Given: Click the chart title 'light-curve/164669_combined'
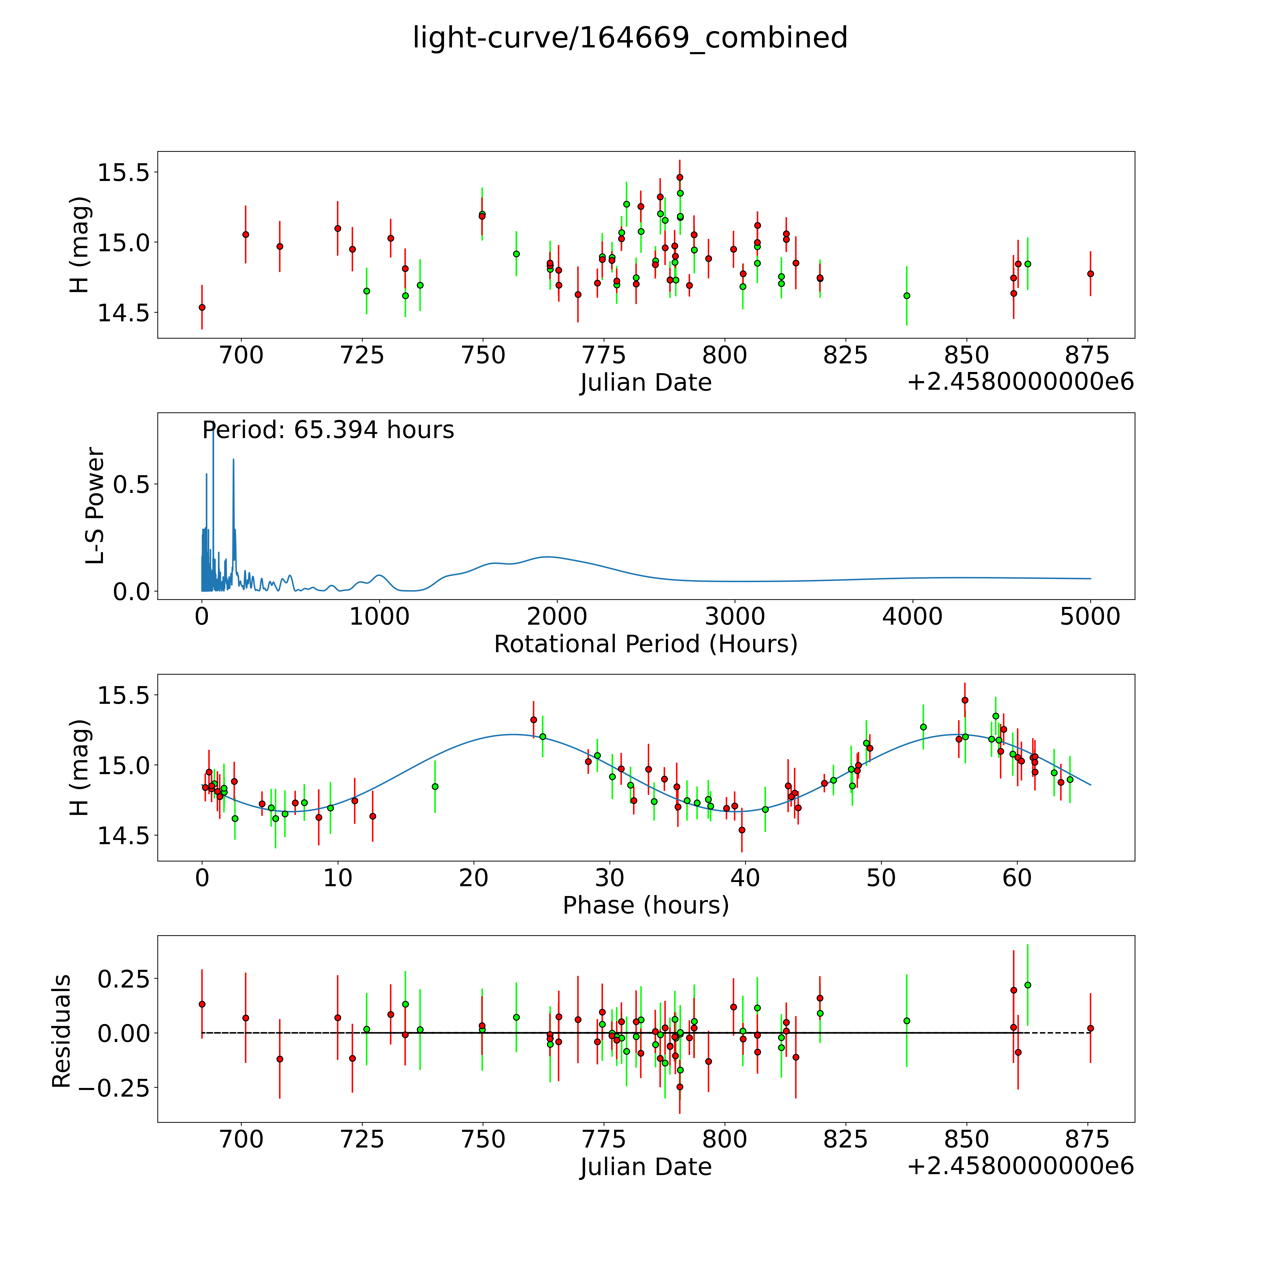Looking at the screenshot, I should point(630,38).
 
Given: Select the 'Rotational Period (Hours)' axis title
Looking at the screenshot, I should point(645,644).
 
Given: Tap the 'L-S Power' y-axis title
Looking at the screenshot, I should point(95,506).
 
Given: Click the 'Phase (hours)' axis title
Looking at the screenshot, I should point(645,905).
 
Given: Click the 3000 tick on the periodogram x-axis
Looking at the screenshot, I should point(735,616).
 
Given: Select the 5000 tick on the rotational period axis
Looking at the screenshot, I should point(1090,616).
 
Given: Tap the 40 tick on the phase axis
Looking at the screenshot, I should point(745,878).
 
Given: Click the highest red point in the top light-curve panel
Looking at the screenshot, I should point(680,177).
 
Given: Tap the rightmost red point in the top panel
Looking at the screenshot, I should point(1090,273).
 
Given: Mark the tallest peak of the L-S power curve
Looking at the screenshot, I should point(213,428).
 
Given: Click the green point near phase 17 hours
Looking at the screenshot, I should point(435,786).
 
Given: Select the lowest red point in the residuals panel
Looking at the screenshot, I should point(680,1087).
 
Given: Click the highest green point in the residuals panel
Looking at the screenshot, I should point(1027,985).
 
